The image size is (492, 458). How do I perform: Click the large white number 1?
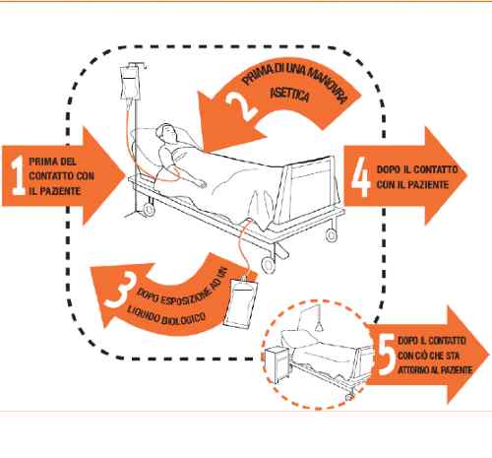coord(18,175)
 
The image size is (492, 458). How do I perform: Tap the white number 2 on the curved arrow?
coord(242,105)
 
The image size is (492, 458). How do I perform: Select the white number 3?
coord(120,291)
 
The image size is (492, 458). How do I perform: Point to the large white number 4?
coord(361,177)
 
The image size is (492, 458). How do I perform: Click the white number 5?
coord(387,356)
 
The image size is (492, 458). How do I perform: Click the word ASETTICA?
coord(290,95)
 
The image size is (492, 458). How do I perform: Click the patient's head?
coord(166,133)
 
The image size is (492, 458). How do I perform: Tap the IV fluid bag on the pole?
coord(131,84)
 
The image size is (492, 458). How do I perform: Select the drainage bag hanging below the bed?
coord(240,302)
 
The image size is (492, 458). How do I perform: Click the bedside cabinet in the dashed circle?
coord(277,364)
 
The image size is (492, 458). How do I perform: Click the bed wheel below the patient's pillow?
coord(149,210)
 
